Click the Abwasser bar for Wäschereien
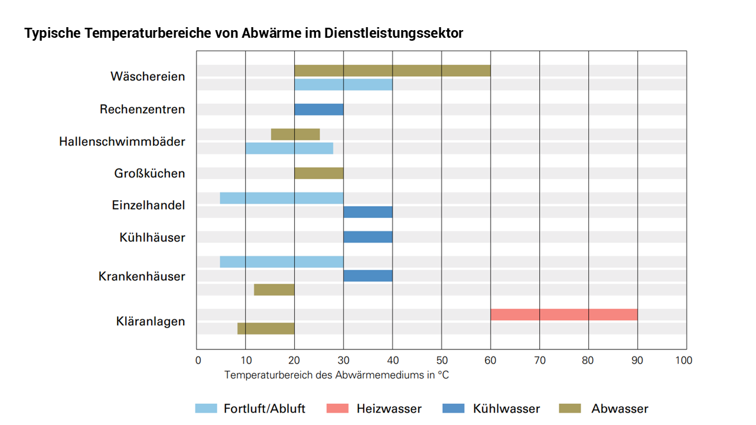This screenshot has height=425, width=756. pos(392,71)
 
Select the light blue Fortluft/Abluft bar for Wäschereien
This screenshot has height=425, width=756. pos(343,84)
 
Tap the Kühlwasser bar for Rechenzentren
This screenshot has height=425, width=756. pos(319,110)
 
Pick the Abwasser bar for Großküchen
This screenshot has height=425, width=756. pos(319,174)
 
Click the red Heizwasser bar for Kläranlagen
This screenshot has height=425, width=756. pos(564,315)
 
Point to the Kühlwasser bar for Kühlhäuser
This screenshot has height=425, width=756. pos(368,237)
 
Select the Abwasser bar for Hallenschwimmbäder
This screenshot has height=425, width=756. pos(295,135)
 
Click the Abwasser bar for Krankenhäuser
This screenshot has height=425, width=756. pos(274,290)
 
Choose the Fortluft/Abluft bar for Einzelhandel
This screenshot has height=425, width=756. pos(282,198)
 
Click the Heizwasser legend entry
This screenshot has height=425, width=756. pos(373,408)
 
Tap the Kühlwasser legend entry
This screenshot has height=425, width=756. pos(490,408)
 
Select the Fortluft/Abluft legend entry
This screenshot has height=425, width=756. pos(250,408)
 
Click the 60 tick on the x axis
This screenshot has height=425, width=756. pos(490,360)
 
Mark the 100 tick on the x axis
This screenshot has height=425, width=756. pos(685,360)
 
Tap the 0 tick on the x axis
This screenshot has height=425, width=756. pos(198,360)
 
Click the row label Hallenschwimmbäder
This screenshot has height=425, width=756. pos(122,142)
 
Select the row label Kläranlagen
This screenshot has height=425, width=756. pos(150,322)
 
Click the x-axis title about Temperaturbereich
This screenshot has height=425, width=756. pos(337,375)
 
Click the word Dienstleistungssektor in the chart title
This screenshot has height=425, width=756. pos(394,34)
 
